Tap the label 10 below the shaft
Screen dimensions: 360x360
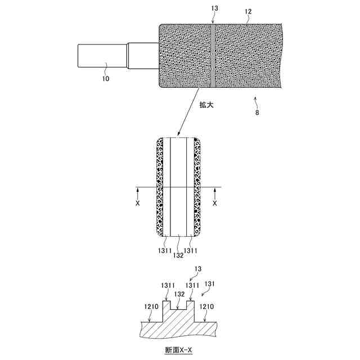pyautogui.click(x=105, y=79)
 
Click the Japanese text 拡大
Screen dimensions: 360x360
pyautogui.click(x=207, y=105)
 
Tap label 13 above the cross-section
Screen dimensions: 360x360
pyautogui.click(x=197, y=270)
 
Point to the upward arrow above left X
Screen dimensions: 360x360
pyautogui.click(x=138, y=195)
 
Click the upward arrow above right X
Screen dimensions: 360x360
pyautogui.click(x=214, y=195)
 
